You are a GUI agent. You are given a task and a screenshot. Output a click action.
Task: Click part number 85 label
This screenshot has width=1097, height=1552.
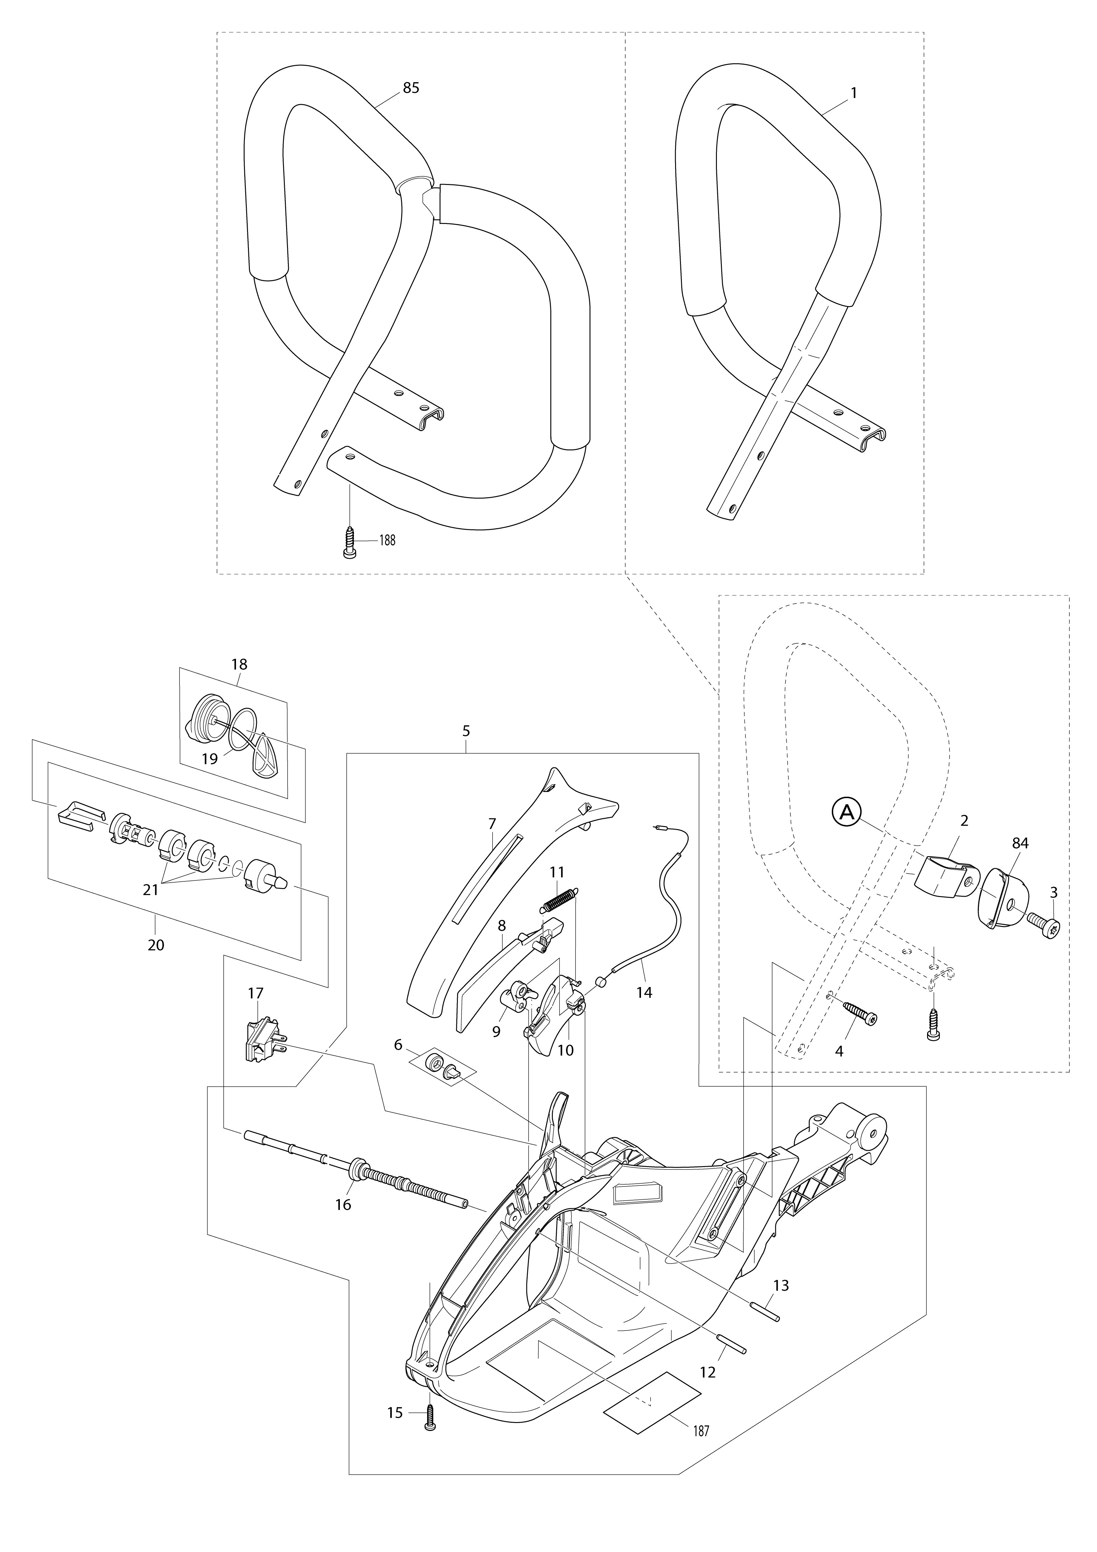click(x=411, y=88)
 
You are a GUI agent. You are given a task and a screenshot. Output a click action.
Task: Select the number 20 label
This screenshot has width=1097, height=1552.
click(x=155, y=945)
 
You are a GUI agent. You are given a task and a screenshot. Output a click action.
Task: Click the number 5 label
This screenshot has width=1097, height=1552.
click(x=466, y=731)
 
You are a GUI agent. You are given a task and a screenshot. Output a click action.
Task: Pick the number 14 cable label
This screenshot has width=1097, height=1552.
click(x=644, y=992)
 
